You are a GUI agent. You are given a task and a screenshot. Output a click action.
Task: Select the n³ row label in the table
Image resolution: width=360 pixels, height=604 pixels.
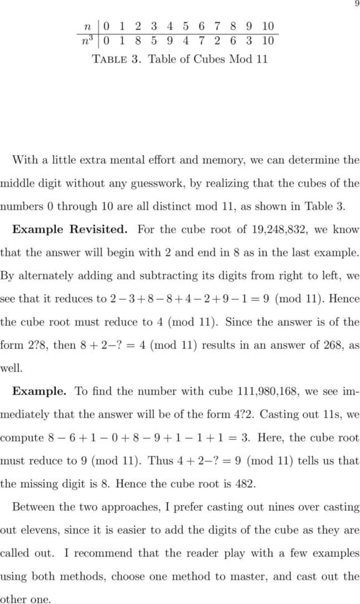90,41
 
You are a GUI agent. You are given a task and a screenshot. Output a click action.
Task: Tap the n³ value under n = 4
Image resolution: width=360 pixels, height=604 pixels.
170,41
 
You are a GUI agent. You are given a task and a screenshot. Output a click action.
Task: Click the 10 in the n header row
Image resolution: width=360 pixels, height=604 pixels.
268,26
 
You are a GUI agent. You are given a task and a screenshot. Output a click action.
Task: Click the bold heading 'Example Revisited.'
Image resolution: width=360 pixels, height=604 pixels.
70,229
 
